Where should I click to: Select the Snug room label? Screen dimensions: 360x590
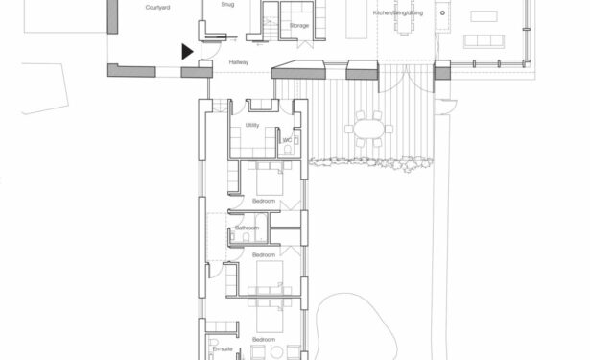tap(227, 5)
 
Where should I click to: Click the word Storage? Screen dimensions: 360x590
tap(298, 40)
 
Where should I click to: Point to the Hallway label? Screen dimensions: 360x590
tap(239, 62)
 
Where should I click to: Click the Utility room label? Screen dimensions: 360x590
tap(252, 125)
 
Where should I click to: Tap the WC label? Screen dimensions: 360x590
tap(286, 140)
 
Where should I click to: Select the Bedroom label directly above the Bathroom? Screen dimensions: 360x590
tap(264, 201)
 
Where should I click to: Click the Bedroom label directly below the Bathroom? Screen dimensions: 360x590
tap(264, 255)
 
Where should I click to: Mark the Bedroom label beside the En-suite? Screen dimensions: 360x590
tap(264, 341)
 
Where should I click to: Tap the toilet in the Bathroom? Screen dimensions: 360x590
tap(247, 237)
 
